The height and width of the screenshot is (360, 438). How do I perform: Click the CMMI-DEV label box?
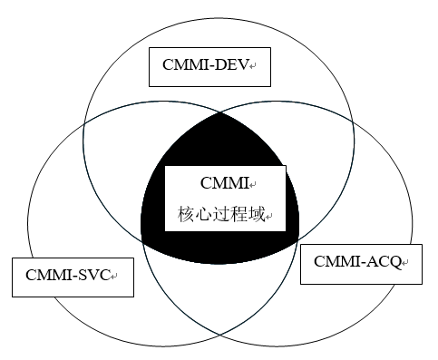pyautogui.click(x=209, y=66)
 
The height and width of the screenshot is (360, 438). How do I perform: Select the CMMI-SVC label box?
pyautogui.click(x=73, y=276)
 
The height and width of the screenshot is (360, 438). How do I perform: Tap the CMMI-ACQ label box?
pyautogui.click(x=361, y=262)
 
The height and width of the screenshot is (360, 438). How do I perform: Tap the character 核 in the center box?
pyautogui.click(x=186, y=216)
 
